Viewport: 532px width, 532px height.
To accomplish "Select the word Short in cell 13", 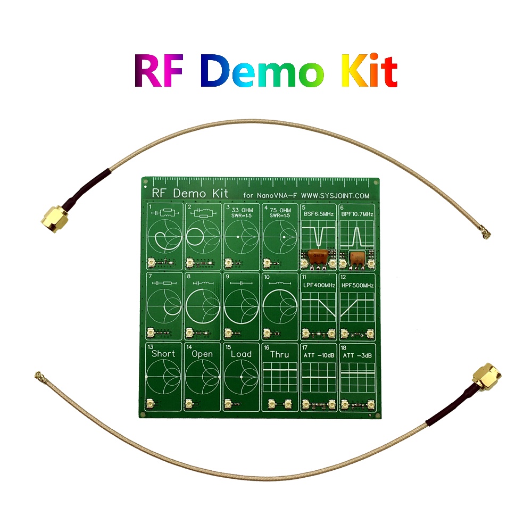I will tap(163, 354).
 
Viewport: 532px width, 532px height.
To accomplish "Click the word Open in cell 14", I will tap(203, 354).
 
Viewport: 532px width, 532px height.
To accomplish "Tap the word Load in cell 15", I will tap(241, 354).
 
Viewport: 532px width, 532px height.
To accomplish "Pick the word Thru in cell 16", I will tap(280, 354).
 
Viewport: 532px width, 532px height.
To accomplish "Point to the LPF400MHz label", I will tap(319, 286).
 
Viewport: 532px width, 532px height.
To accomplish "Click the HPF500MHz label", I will tap(358, 286).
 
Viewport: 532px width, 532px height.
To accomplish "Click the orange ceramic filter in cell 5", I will tap(318, 256).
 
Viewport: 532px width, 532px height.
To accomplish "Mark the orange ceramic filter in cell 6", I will tap(356, 256).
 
